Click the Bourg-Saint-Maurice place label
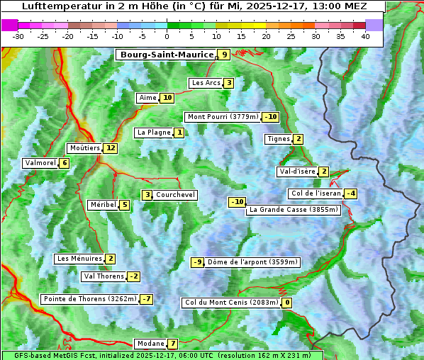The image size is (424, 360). tap(167, 55)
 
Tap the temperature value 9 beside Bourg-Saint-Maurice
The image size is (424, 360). tap(224, 55)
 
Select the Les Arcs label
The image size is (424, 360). tap(206, 83)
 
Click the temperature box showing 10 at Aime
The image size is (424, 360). tap(167, 98)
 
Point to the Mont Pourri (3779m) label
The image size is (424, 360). tap(223, 117)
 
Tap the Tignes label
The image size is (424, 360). tap(278, 139)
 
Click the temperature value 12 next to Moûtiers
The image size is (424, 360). tap(110, 148)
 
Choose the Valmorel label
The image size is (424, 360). tap(40, 163)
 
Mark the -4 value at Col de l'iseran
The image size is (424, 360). tap(350, 193)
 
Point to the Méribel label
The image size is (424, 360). tap(103, 205)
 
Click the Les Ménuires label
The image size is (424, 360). tap(79, 259)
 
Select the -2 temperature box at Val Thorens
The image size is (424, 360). tap(133, 276)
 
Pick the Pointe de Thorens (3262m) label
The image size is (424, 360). tap(89, 299)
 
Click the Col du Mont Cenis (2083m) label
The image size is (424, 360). tap(231, 303)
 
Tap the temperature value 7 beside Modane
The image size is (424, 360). tap(172, 344)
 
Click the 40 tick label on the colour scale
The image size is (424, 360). tap(365, 35)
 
